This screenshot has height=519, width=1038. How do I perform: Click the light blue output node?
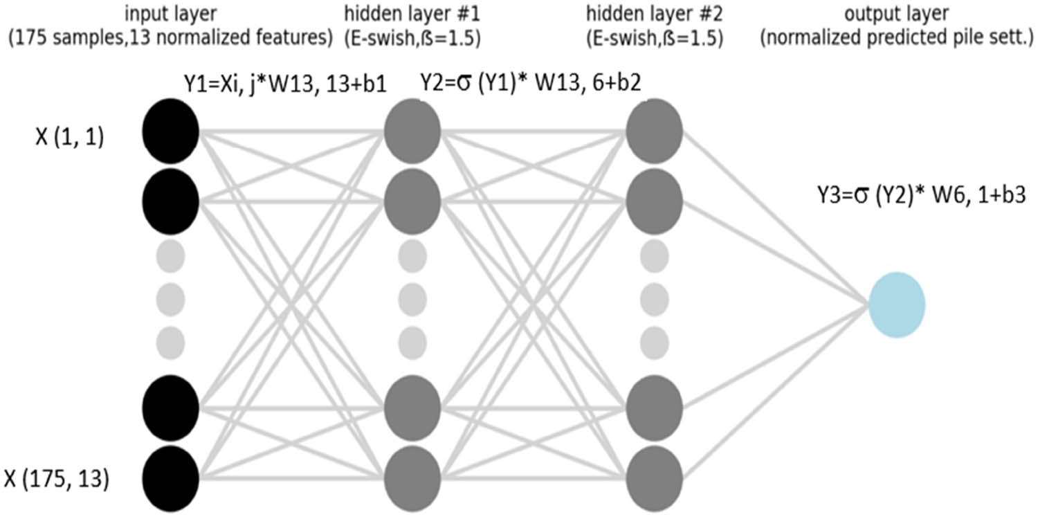[x=897, y=304]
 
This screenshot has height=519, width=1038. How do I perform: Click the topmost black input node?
[x=171, y=129]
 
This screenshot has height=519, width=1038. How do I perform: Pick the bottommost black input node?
[x=171, y=477]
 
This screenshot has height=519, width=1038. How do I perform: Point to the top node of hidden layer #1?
[x=412, y=129]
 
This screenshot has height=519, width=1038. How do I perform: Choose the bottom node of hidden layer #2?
[x=655, y=477]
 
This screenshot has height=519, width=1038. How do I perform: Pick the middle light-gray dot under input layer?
[x=171, y=299]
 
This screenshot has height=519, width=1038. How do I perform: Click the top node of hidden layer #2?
[x=655, y=129]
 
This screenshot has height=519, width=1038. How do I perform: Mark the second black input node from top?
[x=171, y=199]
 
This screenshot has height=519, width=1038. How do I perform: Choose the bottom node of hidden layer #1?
[x=412, y=477]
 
